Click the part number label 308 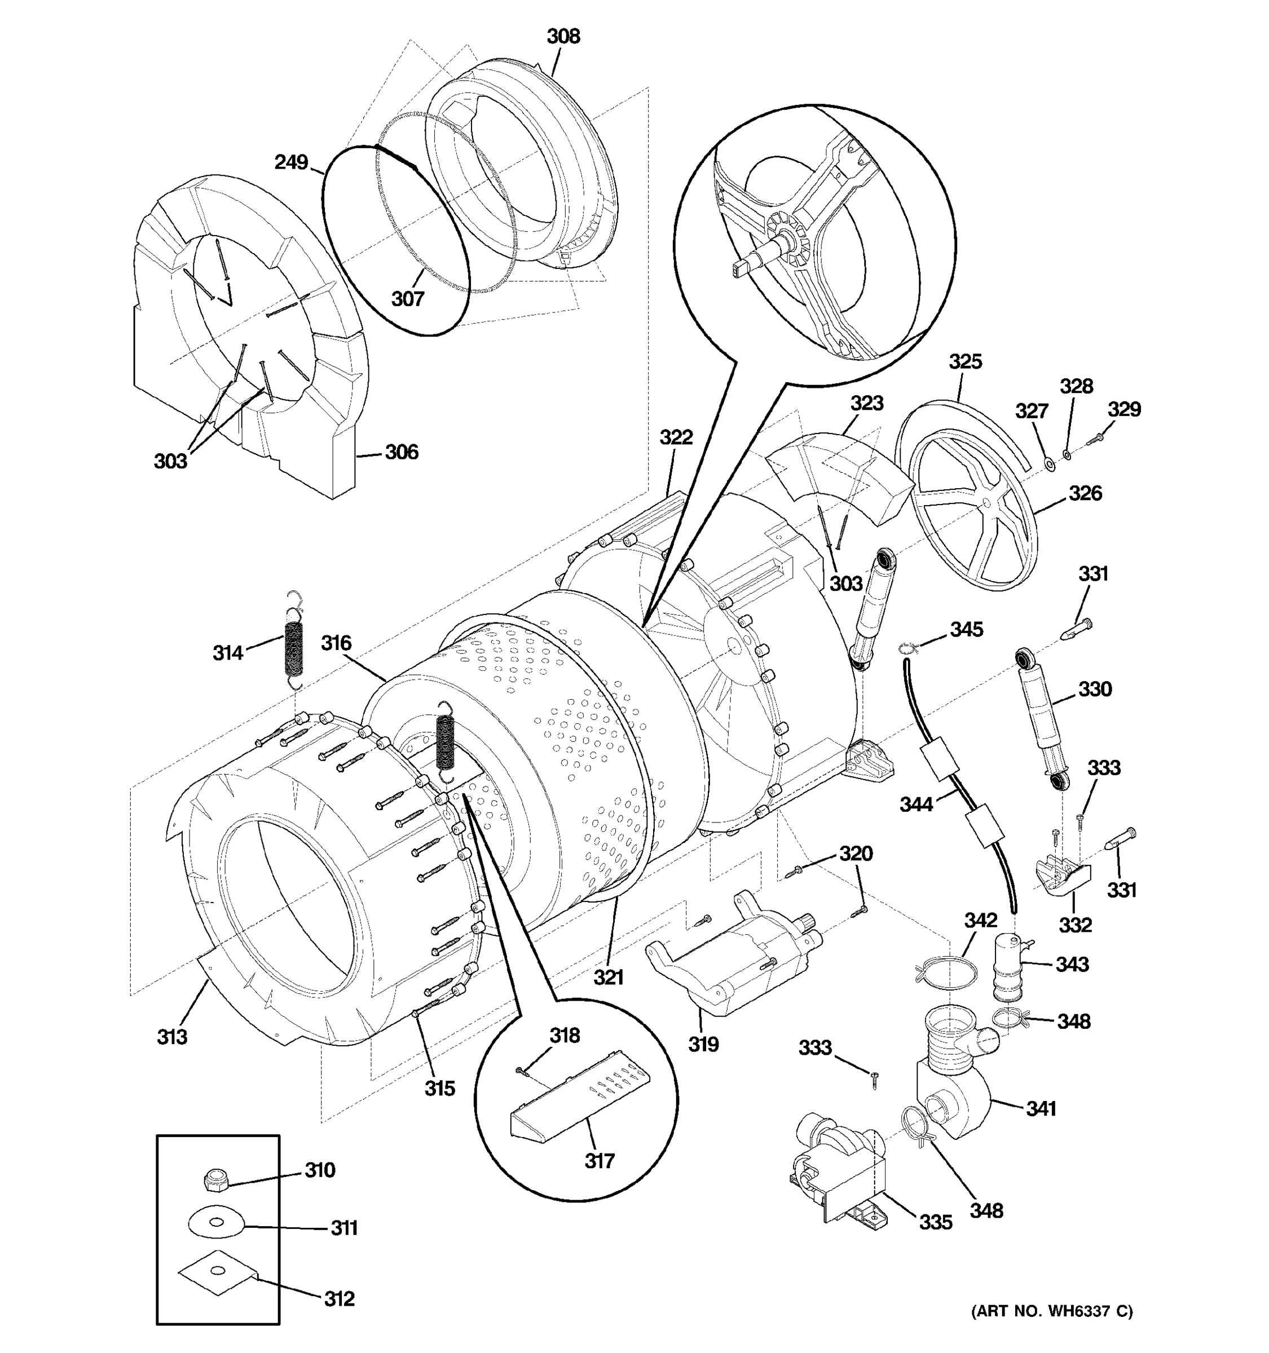point(563,36)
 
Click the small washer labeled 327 point(1049,465)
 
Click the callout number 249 point(292,163)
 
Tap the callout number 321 point(608,978)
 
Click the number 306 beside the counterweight point(401,452)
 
